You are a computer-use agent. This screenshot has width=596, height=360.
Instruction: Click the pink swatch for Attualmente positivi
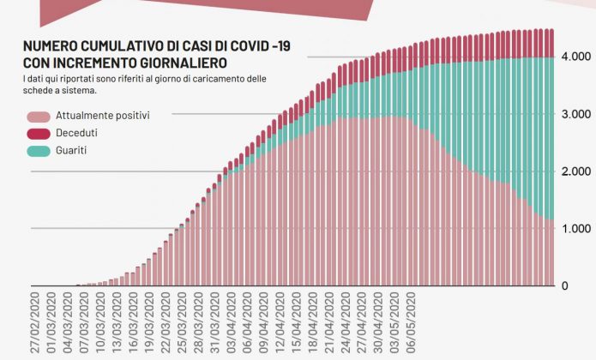(38, 116)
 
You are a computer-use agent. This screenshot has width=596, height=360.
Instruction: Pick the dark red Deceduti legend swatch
(38, 133)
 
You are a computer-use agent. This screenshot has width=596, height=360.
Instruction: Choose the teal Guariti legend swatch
(38, 150)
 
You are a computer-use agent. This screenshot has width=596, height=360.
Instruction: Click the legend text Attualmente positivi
(104, 116)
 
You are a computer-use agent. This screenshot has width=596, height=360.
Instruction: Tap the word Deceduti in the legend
(77, 133)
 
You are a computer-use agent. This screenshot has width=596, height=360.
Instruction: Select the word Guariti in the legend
(72, 150)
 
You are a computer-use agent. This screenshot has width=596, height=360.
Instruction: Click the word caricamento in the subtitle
(207, 79)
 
